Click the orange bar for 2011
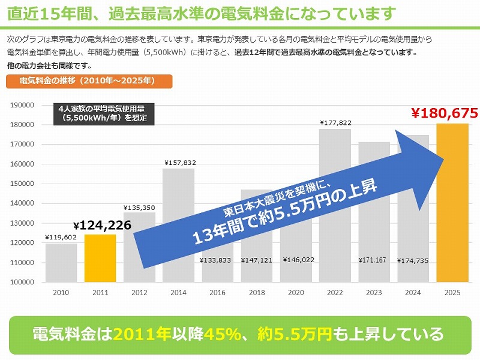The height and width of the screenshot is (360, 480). (100, 258)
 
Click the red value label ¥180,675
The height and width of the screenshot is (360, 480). (444, 112)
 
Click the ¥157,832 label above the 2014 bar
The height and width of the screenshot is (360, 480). (178, 163)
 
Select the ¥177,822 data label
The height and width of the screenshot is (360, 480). (335, 122)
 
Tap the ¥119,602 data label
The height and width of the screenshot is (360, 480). (61, 237)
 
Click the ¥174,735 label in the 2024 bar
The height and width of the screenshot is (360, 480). (413, 260)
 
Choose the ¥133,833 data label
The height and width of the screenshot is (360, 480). (217, 260)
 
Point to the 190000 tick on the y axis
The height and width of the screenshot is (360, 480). (23, 105)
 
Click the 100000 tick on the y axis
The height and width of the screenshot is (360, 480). (23, 282)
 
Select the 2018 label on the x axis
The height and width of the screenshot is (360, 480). (256, 293)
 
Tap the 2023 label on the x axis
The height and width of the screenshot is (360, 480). (374, 293)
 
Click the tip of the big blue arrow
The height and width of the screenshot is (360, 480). (443, 159)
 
